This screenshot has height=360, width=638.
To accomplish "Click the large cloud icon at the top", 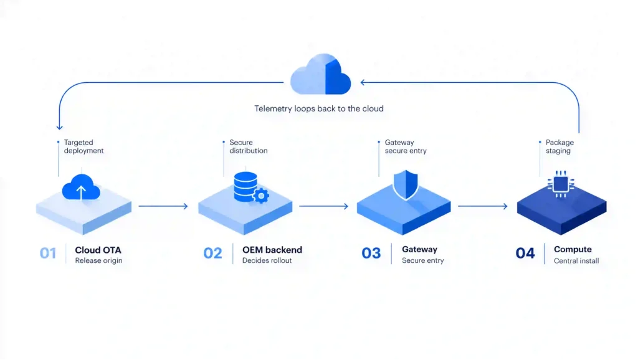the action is (321, 75).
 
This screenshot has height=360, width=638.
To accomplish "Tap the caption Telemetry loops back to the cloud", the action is (319, 108).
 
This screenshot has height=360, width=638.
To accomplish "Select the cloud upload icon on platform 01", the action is (81, 187).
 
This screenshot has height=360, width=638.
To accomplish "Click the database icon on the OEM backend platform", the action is (245, 187).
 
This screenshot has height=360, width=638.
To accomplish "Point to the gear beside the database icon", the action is (261, 196).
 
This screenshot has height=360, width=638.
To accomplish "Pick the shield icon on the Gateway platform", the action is (405, 185).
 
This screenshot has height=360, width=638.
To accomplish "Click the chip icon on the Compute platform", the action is (561, 184).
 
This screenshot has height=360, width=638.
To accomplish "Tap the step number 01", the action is (48, 253).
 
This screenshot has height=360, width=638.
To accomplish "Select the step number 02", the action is (213, 253).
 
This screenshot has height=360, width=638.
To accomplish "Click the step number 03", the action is (371, 253).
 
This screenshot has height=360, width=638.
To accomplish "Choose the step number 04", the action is (525, 253).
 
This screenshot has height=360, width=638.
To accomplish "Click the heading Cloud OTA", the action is (98, 250).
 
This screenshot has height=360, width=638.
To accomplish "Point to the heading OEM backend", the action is (272, 250).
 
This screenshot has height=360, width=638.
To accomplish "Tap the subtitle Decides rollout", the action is (267, 260).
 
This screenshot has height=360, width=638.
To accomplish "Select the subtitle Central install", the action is (576, 261).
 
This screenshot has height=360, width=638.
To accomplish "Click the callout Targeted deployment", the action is (84, 146).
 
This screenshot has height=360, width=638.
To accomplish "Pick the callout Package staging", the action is (560, 146).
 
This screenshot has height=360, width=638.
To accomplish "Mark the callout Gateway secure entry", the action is (406, 146).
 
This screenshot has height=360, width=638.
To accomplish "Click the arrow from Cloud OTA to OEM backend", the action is (163, 206).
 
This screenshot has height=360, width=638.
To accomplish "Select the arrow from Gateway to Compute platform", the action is (483, 206).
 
